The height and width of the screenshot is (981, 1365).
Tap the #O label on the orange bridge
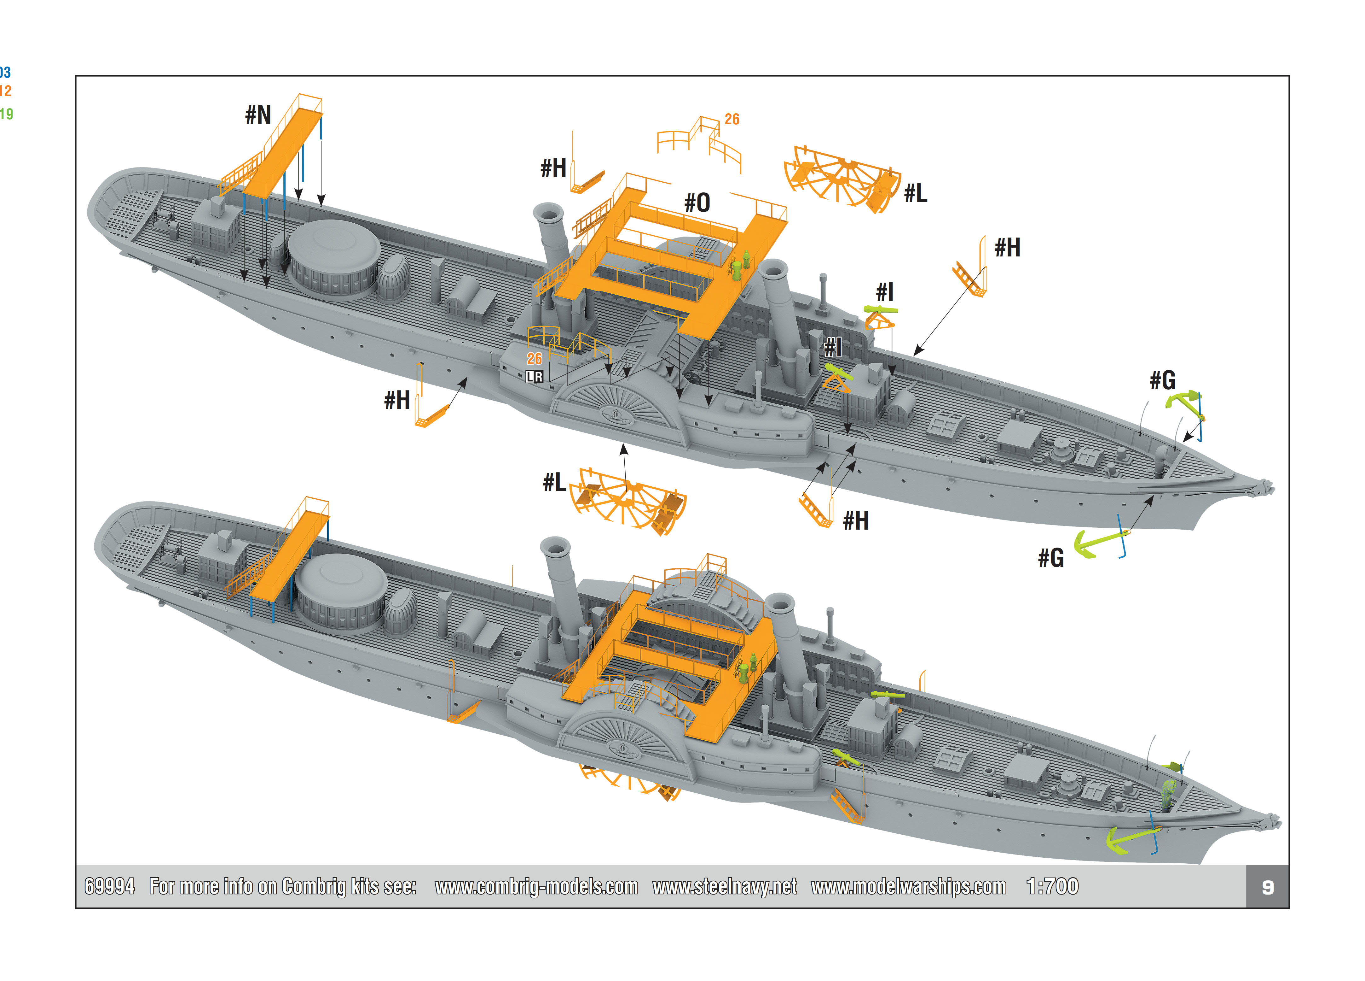pyautogui.click(x=697, y=203)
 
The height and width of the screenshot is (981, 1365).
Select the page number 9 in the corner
pyautogui.click(x=1268, y=887)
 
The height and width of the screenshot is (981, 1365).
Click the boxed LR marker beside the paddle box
pyautogui.click(x=535, y=377)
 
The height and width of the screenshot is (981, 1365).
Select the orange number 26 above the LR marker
pyautogui.click(x=535, y=359)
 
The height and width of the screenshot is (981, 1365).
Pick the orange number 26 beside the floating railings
pyautogui.click(x=732, y=119)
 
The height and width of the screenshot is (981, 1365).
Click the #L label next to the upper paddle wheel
pyautogui.click(x=916, y=193)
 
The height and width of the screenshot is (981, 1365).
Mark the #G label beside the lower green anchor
pyautogui.click(x=1051, y=558)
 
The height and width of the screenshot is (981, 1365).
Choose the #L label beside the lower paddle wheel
pyautogui.click(x=554, y=482)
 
